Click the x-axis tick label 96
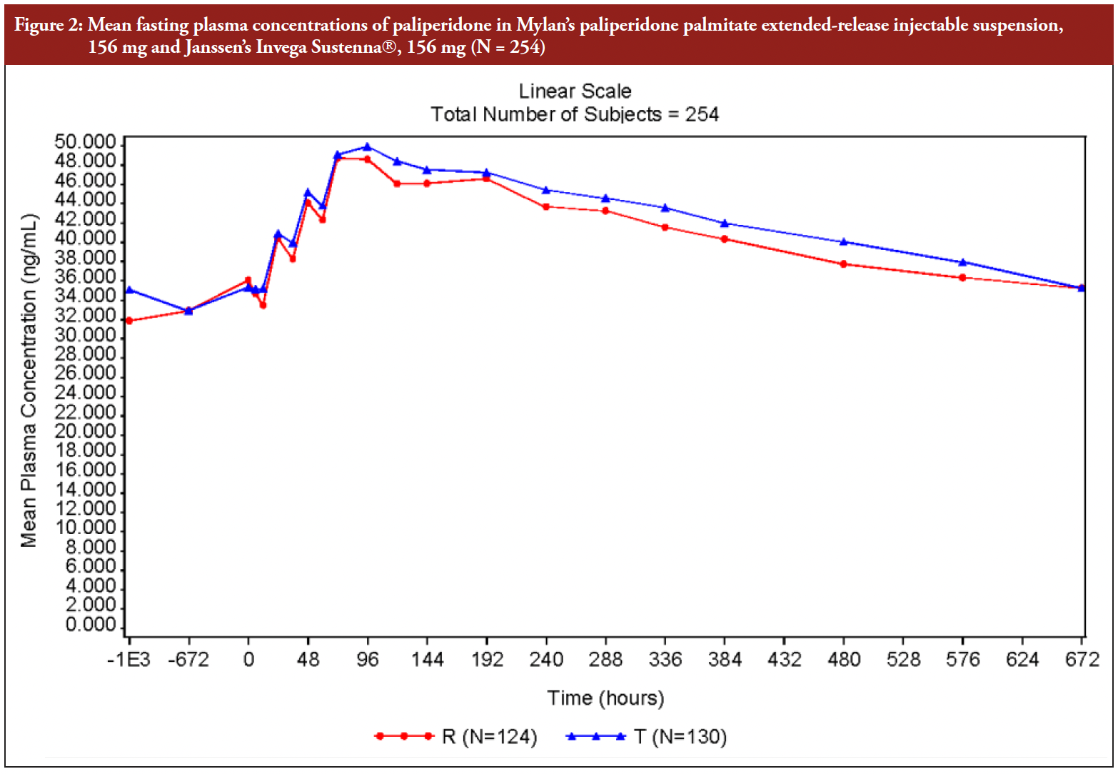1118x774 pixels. [x=368, y=659]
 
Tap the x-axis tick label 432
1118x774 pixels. [x=784, y=659]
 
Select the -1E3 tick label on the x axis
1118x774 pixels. [x=129, y=659]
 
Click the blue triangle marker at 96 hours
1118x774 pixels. [x=368, y=147]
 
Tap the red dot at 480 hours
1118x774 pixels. [x=844, y=264]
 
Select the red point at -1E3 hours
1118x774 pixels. [x=129, y=321]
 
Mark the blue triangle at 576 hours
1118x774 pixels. [x=963, y=262]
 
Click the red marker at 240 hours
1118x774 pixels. [x=546, y=207]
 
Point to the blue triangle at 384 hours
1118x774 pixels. [x=725, y=223]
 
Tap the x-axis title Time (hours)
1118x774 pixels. [x=605, y=698]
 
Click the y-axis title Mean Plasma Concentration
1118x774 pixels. [x=29, y=380]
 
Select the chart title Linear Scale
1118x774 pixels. [x=575, y=91]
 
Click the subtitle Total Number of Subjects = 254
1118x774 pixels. [x=575, y=114]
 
